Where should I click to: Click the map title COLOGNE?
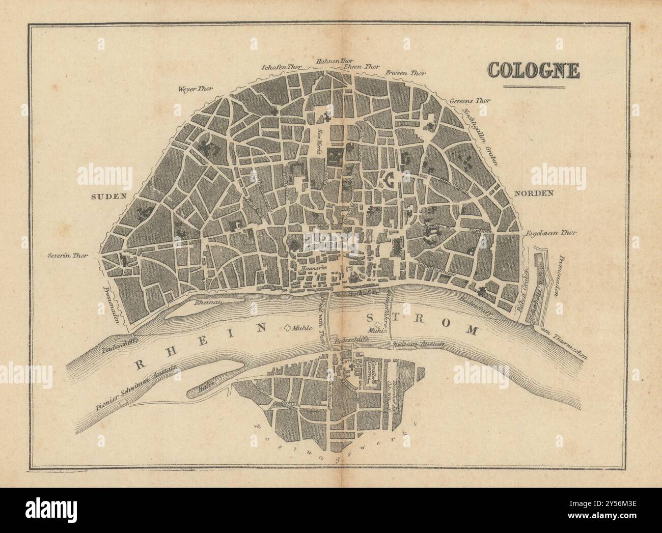point(533,71)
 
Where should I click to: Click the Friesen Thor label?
point(405,72)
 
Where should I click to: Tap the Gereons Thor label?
point(470,101)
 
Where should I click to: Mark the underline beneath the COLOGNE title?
point(534,88)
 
